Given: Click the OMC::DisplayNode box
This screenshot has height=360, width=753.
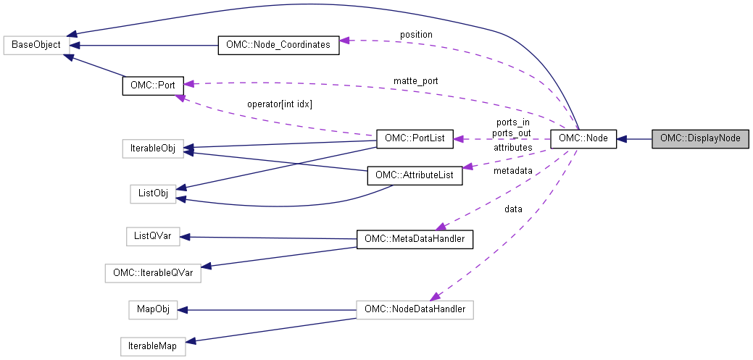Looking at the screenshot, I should click(x=699, y=138).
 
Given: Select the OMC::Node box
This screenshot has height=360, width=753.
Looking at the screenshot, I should click(x=583, y=138).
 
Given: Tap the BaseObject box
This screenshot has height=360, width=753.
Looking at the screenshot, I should click(x=36, y=45).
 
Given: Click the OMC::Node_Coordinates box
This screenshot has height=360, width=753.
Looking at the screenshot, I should click(x=278, y=45).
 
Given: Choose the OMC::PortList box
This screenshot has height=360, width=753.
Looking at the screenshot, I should click(x=415, y=138).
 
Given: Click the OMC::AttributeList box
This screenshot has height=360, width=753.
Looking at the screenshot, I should click(x=415, y=175).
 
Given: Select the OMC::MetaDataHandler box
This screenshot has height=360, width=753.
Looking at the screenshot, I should click(x=415, y=238).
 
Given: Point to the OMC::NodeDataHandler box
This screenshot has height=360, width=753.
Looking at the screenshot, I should click(x=415, y=310).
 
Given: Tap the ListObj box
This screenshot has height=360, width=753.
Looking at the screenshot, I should click(x=153, y=193).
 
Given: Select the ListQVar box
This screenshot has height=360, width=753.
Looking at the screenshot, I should click(x=152, y=236).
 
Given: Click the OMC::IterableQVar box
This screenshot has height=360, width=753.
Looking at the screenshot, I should click(x=153, y=274).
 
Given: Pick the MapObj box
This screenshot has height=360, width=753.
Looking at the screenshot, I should click(x=153, y=310).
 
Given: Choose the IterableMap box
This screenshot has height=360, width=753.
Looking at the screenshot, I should click(x=152, y=347).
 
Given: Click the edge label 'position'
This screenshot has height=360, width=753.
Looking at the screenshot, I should click(x=416, y=35).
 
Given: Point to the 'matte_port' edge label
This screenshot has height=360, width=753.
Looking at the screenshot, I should click(x=415, y=80).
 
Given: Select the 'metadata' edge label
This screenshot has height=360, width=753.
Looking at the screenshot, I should click(x=513, y=171).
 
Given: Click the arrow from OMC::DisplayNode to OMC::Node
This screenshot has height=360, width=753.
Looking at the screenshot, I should click(x=635, y=138).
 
